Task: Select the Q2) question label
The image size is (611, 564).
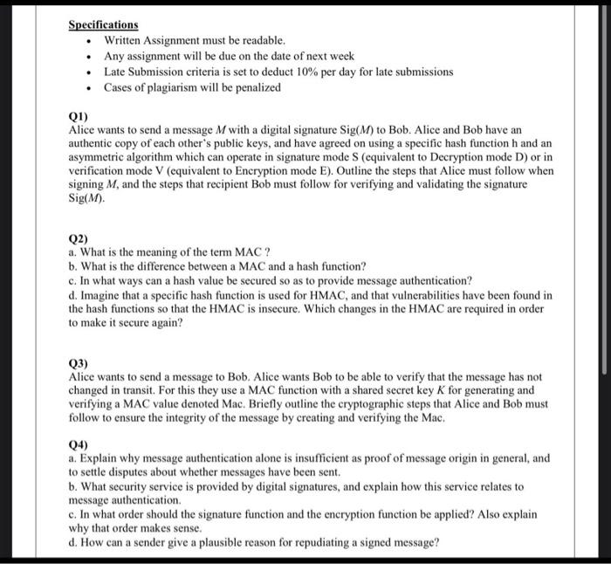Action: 79,237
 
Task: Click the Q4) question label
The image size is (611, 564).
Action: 79,444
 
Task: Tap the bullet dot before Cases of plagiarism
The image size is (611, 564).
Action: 90,88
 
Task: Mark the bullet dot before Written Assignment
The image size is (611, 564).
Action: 90,40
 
